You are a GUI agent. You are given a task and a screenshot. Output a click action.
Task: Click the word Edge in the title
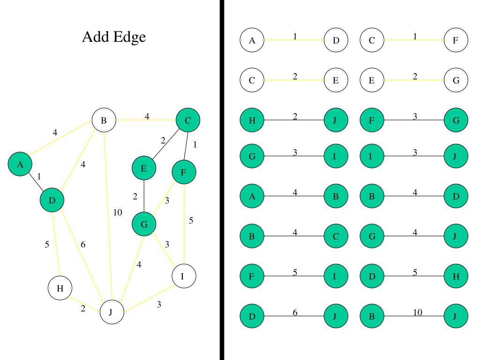pyautogui.click(x=129, y=37)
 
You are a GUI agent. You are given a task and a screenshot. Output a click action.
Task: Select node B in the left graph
pyautogui.click(x=104, y=120)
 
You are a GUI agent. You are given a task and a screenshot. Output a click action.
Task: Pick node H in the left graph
pyautogui.click(x=60, y=288)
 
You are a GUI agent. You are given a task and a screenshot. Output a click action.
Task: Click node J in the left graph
pyautogui.click(x=112, y=312)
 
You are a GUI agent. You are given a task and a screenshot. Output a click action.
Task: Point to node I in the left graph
pyautogui.click(x=184, y=276)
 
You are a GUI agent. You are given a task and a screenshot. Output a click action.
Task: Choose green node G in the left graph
pyautogui.click(x=144, y=224)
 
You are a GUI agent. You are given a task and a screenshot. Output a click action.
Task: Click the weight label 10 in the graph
pyautogui.click(x=118, y=212)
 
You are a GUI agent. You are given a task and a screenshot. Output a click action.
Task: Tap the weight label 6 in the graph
pyautogui.click(x=83, y=244)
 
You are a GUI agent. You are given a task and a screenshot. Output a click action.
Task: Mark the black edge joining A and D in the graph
pyautogui.click(x=36, y=182)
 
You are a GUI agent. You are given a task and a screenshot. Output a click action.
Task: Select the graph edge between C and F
pyautogui.click(x=186, y=146)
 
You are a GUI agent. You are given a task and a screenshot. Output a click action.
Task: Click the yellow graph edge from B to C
pyautogui.click(x=146, y=120)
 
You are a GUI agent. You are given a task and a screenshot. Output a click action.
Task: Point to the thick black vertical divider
pyautogui.click(x=222, y=180)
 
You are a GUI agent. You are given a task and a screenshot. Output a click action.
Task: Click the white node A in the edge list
pyautogui.click(x=252, y=40)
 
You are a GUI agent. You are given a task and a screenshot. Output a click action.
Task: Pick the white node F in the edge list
pyautogui.click(x=456, y=40)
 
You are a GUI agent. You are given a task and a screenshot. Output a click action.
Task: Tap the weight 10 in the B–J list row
pyautogui.click(x=418, y=312)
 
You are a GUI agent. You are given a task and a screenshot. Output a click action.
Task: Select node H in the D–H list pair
pyautogui.click(x=456, y=276)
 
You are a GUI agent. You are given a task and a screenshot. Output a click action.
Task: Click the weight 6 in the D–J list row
pyautogui.click(x=295, y=312)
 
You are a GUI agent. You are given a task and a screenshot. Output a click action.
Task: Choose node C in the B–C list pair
pyautogui.click(x=336, y=236)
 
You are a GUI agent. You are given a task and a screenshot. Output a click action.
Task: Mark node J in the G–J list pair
pyautogui.click(x=456, y=236)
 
